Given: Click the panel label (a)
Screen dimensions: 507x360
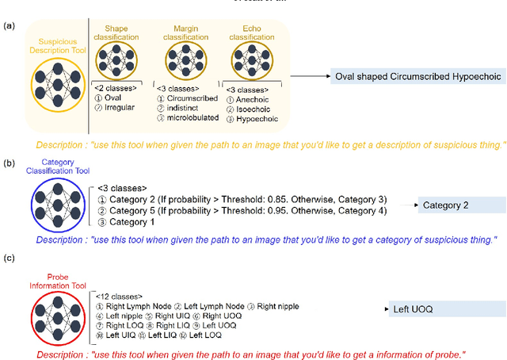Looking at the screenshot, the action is (9, 26).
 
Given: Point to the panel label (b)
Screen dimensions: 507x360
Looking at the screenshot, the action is (9, 163).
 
